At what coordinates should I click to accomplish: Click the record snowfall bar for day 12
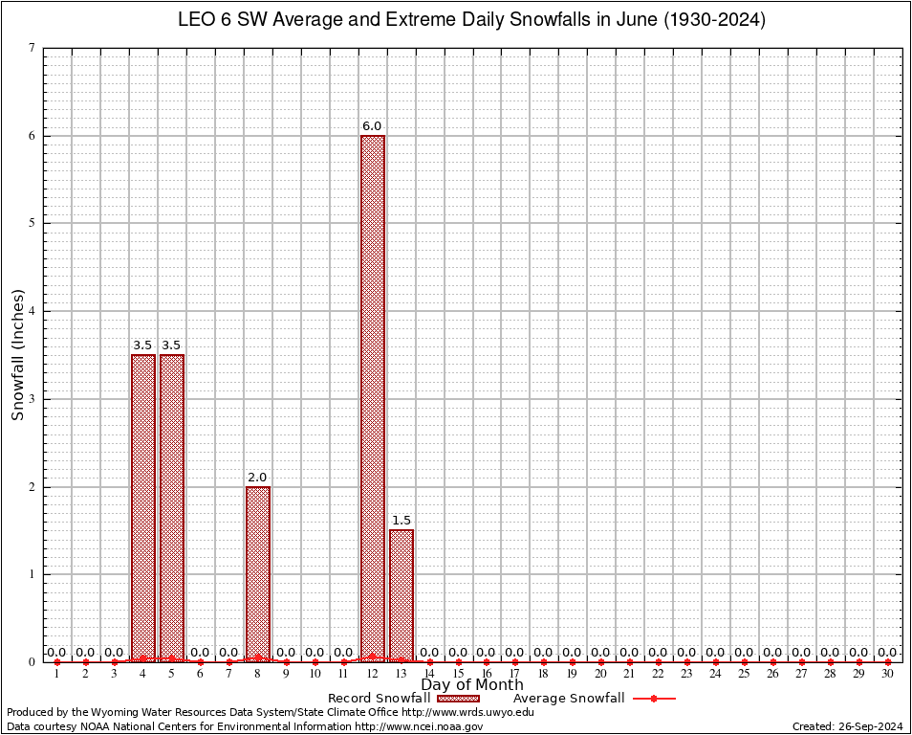[373, 398]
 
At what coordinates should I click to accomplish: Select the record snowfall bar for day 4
[143, 507]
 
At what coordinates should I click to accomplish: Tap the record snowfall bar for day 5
[172, 507]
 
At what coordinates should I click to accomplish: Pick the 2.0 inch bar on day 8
[258, 574]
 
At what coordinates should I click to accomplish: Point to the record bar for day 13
[402, 595]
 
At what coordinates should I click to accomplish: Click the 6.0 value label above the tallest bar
[372, 126]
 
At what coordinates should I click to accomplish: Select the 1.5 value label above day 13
[402, 521]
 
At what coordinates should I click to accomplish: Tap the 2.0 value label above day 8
[257, 478]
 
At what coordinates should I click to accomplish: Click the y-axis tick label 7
[33, 48]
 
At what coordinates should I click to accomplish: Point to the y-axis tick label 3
[33, 399]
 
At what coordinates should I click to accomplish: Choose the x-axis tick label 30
[888, 675]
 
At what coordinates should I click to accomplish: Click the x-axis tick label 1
[57, 675]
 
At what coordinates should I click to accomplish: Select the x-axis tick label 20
[601, 675]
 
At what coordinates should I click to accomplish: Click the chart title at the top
[472, 19]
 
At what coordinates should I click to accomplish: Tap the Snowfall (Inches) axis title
[18, 354]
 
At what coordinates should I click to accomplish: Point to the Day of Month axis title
[472, 685]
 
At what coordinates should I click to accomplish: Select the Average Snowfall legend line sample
[654, 699]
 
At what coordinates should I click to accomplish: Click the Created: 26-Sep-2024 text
[848, 726]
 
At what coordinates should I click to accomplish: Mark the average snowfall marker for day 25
[745, 662]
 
